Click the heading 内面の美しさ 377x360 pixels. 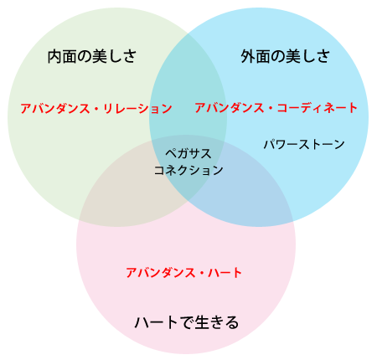pos(92,56)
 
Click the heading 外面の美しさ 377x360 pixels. pos(285,56)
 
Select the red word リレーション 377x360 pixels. pos(137,108)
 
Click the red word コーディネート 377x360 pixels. pos(318,108)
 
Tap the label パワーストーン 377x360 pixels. pos(304,144)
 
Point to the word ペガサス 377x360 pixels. pos(188,153)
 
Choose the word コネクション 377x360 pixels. pos(188,170)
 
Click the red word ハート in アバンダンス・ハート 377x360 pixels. pos(225,273)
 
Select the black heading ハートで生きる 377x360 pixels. pos(187,322)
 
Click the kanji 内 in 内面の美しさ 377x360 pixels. pos(54,57)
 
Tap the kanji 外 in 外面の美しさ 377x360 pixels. pos(248,57)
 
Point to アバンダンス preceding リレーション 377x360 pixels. pos(55,108)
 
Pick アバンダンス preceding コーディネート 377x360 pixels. pos(229,108)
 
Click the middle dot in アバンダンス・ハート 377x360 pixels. pos(202,273)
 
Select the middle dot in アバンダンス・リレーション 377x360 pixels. pos(96,109)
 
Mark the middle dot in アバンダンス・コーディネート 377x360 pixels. pos(271,108)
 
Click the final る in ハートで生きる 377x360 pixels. pos(232,322)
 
